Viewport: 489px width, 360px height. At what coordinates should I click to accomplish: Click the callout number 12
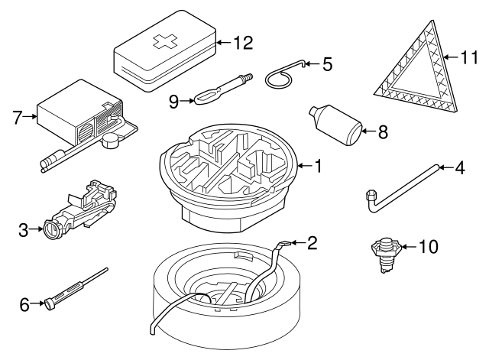click(242, 43)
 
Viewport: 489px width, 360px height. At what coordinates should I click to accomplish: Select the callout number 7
click(18, 117)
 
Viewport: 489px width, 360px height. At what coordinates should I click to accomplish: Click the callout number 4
click(459, 167)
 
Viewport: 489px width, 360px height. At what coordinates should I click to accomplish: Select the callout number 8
click(383, 131)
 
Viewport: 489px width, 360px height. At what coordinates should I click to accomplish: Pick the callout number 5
click(327, 64)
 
